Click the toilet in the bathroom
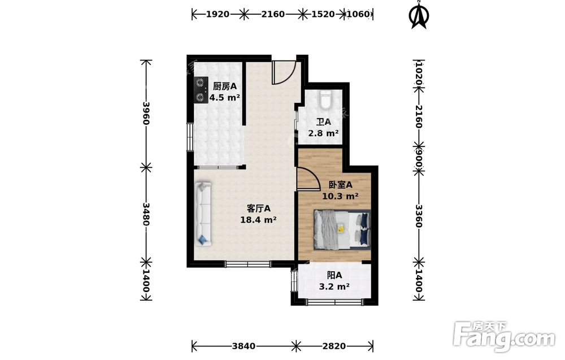pos(326,99)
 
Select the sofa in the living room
pos(203,214)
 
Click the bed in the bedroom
pos(342,230)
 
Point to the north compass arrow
pos(419,15)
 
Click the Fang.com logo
pos(504,337)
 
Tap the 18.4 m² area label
pos(258,219)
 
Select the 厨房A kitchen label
pos(224,86)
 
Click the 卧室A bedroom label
pos(340,185)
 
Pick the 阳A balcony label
pos(334,275)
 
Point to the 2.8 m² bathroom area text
pos(323,133)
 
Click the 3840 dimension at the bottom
pos(244,346)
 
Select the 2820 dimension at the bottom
pos(334,346)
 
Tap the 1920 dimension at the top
pos(218,14)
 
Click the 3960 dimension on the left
pos(146,113)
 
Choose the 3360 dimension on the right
pos(418,216)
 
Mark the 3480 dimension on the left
pos(146,214)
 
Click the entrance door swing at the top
pos(284,72)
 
